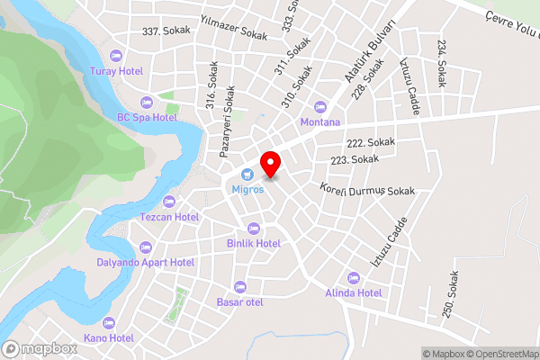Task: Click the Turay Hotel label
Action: coord(117,70)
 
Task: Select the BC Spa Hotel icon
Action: coord(147,101)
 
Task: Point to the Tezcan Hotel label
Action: coord(169,217)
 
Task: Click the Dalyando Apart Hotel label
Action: coord(145,263)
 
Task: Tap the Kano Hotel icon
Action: coord(109,322)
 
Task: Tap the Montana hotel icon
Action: coord(320,106)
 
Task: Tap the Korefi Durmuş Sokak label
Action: coord(367,191)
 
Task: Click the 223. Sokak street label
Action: coord(355,159)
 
